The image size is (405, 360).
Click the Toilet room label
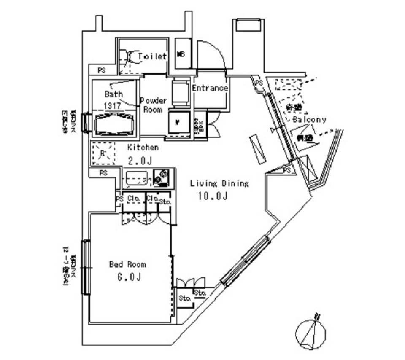pyautogui.click(x=152, y=56)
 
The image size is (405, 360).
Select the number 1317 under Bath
pyautogui.click(x=113, y=106)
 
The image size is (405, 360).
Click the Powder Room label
pyautogui.click(x=153, y=104)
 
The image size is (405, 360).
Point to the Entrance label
pyautogui.click(x=210, y=88)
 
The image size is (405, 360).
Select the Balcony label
pyautogui.click(x=309, y=119)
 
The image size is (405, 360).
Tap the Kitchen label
pyautogui.click(x=143, y=148)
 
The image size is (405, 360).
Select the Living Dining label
pyautogui.click(x=219, y=183)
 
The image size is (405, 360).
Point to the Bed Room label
pyautogui.click(x=127, y=264)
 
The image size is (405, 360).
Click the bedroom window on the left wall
pyautogui.click(x=86, y=267)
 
